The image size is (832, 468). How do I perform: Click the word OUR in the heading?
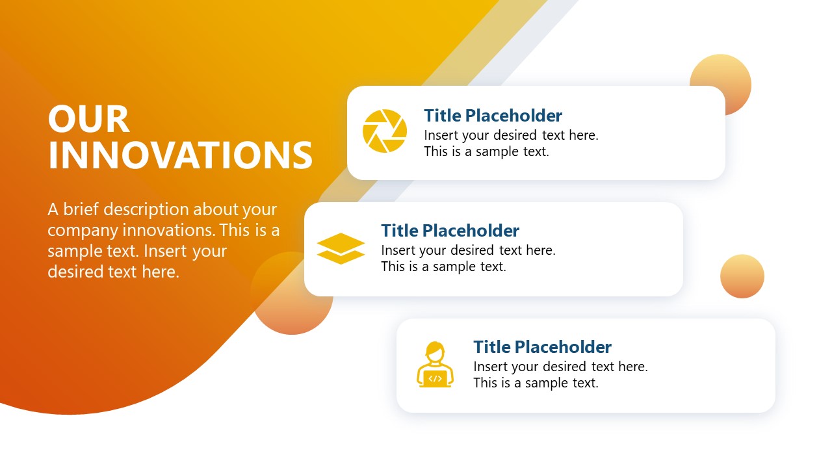[x=89, y=120]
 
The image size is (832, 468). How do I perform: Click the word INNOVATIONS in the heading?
[x=181, y=155]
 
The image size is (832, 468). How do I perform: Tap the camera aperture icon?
[x=385, y=131]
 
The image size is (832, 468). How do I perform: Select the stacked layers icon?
[x=341, y=248]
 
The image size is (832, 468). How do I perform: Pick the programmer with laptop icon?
[x=435, y=365]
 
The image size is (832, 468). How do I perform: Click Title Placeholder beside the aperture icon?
[x=493, y=116]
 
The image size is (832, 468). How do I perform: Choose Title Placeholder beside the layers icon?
[x=450, y=231]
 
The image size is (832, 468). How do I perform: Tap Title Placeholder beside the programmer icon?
[x=542, y=346]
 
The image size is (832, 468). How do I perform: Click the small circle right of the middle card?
[x=742, y=276]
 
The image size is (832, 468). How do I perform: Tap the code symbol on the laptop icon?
[x=435, y=378]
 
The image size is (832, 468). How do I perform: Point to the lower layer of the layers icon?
[x=341, y=257]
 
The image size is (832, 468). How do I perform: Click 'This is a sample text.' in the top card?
[x=486, y=151]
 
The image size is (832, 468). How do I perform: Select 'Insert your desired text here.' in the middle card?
[x=468, y=250]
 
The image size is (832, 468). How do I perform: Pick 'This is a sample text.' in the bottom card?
[x=536, y=383]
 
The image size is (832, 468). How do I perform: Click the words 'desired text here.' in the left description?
[x=113, y=272]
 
